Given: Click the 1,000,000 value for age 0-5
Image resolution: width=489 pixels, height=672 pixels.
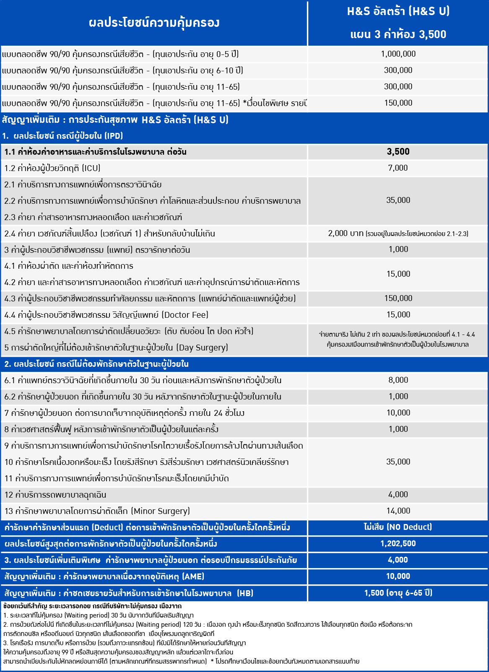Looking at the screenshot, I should pyautogui.click(x=398, y=54).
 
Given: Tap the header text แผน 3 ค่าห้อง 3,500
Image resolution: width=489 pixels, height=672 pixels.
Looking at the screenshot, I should pyautogui.click(x=398, y=34).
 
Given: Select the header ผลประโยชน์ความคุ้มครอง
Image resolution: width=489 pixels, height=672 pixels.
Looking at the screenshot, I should pyautogui.click(x=154, y=22).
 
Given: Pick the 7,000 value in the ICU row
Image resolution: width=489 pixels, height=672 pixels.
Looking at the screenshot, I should pyautogui.click(x=398, y=168).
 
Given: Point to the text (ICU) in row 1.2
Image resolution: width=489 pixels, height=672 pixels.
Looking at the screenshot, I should pyautogui.click(x=91, y=168).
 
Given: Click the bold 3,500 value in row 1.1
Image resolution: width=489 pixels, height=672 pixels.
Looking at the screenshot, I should pyautogui.click(x=398, y=151).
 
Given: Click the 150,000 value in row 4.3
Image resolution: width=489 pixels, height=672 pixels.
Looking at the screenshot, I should pyautogui.click(x=398, y=298).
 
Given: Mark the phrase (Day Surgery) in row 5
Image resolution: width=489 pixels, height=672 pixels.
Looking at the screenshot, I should pyautogui.click(x=202, y=348).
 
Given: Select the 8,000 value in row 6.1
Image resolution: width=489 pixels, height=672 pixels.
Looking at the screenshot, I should pyautogui.click(x=398, y=380).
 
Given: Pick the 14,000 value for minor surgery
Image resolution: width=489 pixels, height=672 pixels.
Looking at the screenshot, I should pyautogui.click(x=398, y=511).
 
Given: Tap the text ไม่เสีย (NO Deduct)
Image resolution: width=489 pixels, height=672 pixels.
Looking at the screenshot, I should pyautogui.click(x=398, y=527).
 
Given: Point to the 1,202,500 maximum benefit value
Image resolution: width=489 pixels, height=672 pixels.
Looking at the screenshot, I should pyautogui.click(x=398, y=543).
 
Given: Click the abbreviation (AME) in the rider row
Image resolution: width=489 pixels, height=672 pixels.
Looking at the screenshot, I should pyautogui.click(x=193, y=576).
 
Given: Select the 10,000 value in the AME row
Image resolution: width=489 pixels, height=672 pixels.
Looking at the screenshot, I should pyautogui.click(x=398, y=576).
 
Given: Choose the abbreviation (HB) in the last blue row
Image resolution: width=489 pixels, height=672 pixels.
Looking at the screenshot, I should pyautogui.click(x=245, y=593).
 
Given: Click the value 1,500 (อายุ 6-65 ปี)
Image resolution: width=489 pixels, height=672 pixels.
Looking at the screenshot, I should pyautogui.click(x=398, y=593).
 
